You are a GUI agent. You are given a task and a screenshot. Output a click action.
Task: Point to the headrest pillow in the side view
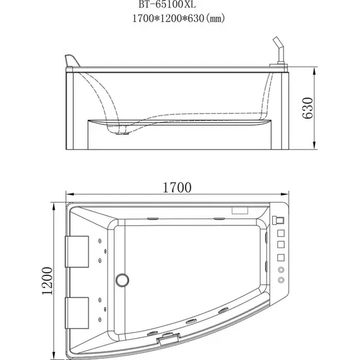71,61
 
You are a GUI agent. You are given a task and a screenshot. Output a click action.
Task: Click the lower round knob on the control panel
281,280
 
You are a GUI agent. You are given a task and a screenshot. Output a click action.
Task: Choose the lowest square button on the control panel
281,257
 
